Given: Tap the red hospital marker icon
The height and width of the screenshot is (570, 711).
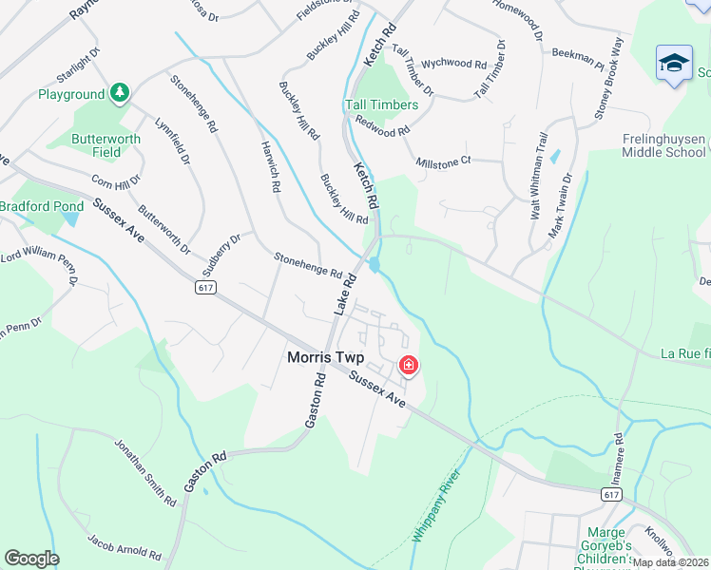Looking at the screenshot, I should [409, 365].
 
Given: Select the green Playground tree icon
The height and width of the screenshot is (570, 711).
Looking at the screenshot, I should [119, 93].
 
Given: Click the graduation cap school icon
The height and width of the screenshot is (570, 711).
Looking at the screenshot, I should [674, 63].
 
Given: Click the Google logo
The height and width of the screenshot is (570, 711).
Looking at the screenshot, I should [31, 559].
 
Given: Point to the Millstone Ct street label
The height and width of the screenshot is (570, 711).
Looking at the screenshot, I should [443, 161].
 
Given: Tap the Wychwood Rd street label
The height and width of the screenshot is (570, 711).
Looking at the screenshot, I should [453, 63].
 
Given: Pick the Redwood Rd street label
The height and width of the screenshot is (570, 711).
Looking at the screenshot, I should [381, 124].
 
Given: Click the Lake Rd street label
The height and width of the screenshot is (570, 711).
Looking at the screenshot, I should [343, 294].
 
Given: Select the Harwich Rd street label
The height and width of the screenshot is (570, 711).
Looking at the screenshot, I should [271, 167].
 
